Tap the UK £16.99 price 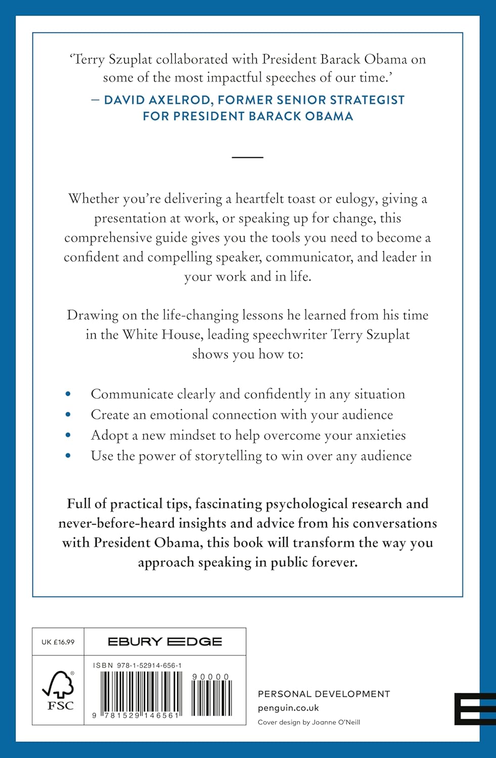(58, 642)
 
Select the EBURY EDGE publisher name (165, 642)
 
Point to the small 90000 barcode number (211, 677)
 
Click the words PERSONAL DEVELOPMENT (324, 694)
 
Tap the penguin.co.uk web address (288, 708)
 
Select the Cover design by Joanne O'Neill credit (309, 722)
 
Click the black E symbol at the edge (475, 708)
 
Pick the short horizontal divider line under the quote (248, 158)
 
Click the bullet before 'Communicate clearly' (68, 394)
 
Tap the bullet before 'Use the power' (68, 456)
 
